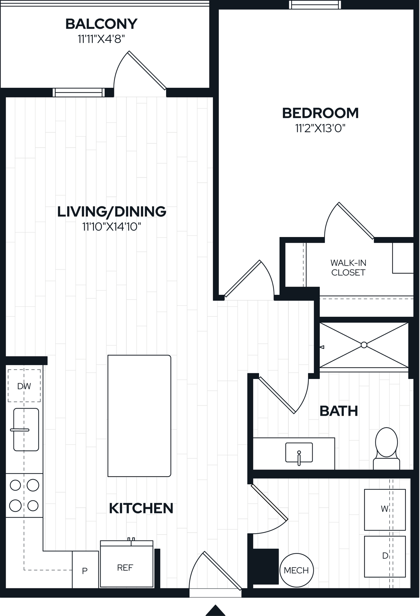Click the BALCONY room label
tap(101, 24)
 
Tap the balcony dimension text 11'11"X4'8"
tap(101, 39)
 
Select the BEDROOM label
tap(320, 113)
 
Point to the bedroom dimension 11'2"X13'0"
tap(320, 128)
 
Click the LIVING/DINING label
tap(112, 211)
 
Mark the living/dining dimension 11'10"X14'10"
tap(112, 227)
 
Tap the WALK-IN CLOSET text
tap(348, 268)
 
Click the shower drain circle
tap(364, 345)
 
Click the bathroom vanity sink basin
tap(299, 452)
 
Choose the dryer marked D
tap(385, 556)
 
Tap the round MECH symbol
tap(296, 570)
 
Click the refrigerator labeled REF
tap(126, 567)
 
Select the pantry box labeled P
tap(85, 571)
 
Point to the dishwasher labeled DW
tap(24, 386)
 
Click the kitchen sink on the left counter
tap(26, 430)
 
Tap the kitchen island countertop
tap(139, 416)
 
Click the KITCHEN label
tap(141, 508)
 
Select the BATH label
tap(338, 411)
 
